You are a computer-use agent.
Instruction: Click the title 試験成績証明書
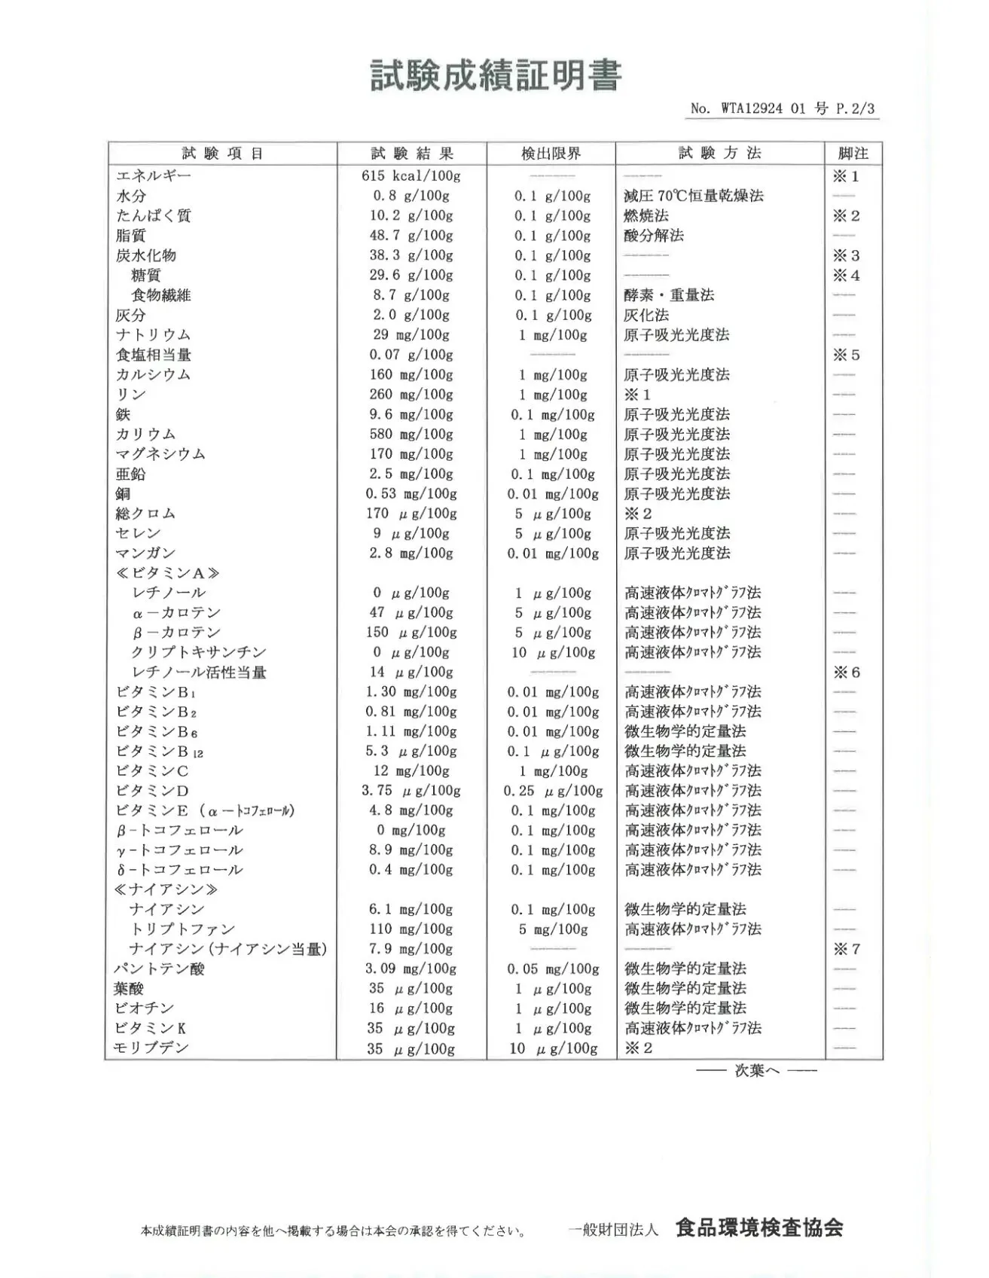coord(496,76)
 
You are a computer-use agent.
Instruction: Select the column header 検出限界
coord(551,154)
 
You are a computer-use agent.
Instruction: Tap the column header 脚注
coord(853,154)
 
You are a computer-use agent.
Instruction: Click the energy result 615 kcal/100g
coord(411,176)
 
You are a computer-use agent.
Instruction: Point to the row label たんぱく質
coord(154,216)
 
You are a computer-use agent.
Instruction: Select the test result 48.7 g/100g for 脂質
coord(411,236)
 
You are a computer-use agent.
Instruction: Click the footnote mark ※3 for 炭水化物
coord(846,256)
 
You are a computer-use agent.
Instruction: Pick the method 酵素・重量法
coord(669,295)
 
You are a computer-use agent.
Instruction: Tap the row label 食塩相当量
coord(154,355)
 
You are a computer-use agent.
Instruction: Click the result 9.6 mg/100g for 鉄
coord(411,414)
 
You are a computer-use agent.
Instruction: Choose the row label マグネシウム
coord(160,454)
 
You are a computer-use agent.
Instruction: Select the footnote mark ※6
coord(846,673)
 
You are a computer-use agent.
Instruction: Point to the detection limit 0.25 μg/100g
coord(553,791)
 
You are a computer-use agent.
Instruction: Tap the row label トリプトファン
coord(182,929)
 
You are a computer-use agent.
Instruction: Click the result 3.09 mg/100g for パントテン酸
coord(411,969)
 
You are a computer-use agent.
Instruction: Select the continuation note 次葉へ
coord(756,1070)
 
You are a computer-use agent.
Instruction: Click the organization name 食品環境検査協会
coord(759,1228)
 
